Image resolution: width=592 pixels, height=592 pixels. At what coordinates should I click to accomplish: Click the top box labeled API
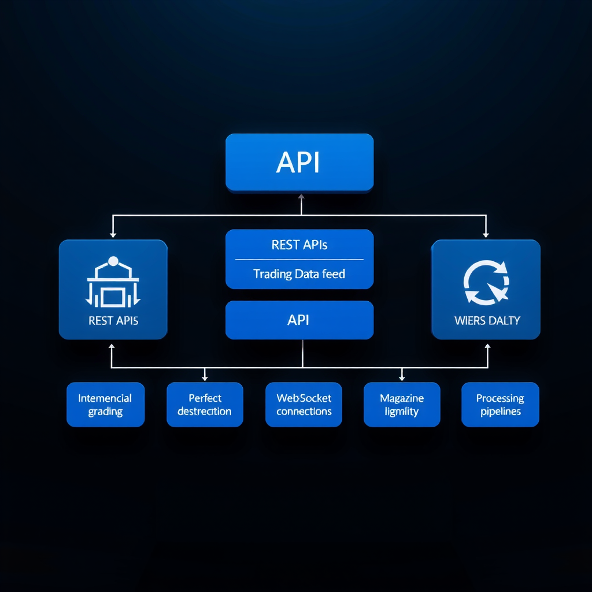tap(299, 162)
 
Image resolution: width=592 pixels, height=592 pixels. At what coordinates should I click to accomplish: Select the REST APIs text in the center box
tap(299, 245)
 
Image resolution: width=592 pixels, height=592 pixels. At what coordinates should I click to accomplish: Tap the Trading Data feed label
tap(299, 274)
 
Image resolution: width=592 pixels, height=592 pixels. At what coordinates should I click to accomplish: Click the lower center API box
tap(299, 320)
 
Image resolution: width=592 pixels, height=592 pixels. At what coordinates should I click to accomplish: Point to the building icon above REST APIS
tap(113, 283)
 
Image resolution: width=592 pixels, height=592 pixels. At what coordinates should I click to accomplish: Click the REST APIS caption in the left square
tap(113, 320)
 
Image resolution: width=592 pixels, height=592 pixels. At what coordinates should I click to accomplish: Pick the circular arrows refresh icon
tap(486, 282)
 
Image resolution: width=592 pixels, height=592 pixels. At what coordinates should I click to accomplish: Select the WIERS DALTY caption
tap(487, 320)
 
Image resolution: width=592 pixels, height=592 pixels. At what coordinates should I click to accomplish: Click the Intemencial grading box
tap(105, 405)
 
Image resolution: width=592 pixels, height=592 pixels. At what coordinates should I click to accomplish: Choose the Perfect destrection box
tap(205, 405)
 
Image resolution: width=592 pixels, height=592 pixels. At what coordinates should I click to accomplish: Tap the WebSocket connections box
tap(304, 405)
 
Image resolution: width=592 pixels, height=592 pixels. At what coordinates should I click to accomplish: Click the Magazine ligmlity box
tap(402, 405)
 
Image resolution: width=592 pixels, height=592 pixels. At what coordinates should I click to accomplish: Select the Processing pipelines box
tap(500, 405)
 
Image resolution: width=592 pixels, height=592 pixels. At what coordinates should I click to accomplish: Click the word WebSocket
tap(304, 398)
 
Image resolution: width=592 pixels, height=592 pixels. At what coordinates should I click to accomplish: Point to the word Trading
tap(272, 274)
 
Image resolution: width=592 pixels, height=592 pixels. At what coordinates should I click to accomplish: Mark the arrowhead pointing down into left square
tap(113, 234)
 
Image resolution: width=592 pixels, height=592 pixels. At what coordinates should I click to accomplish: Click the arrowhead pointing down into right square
tap(486, 234)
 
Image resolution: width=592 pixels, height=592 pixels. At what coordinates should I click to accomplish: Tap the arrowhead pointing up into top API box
tap(301, 197)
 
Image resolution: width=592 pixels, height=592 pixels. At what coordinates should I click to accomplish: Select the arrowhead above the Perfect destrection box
tap(205, 378)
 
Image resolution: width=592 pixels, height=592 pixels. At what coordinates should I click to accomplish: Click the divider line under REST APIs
tap(299, 260)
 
